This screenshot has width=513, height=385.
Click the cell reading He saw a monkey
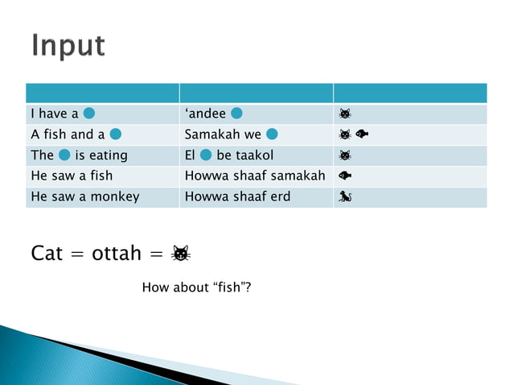click(x=84, y=197)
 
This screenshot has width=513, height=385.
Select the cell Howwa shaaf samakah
click(x=255, y=176)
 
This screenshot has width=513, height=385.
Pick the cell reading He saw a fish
click(x=72, y=176)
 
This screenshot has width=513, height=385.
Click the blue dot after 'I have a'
click(x=90, y=113)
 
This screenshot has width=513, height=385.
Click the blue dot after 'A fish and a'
click(x=116, y=134)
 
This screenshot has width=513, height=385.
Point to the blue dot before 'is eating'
click(x=64, y=155)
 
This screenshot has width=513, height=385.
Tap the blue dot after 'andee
click(x=237, y=113)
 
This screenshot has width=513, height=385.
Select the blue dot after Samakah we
click(x=272, y=134)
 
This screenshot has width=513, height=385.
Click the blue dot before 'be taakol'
click(x=206, y=155)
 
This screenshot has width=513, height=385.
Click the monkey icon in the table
click(x=345, y=197)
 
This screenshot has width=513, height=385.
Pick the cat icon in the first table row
click(x=345, y=114)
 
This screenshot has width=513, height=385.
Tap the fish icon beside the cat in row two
click(x=362, y=135)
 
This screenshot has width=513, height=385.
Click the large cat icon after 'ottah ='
click(x=181, y=255)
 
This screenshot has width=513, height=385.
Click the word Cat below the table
click(x=47, y=254)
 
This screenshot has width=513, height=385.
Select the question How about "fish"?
click(x=196, y=287)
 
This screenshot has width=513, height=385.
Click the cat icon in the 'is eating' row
click(x=345, y=155)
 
